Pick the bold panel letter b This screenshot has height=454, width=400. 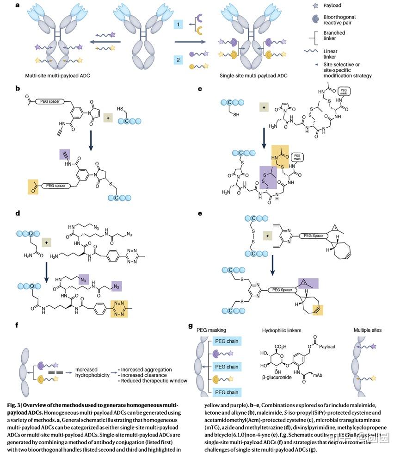tap(17, 88)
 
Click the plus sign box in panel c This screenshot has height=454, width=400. tap(265, 108)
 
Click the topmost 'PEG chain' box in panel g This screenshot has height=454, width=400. tap(226, 342)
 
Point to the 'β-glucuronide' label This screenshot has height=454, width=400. tap(274, 378)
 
